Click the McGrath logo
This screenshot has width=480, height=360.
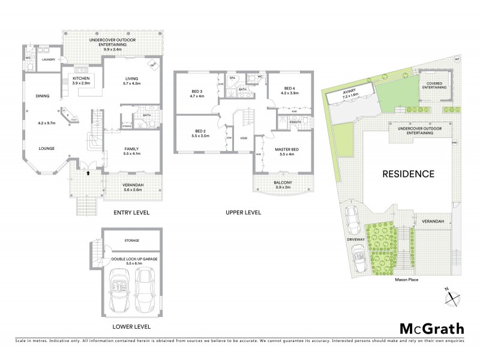pos(431,328)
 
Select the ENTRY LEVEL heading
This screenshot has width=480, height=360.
pos(131,212)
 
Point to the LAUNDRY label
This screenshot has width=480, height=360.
pos(49,59)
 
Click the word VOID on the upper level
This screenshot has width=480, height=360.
pos(244,137)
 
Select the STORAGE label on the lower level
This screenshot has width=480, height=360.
pos(132,240)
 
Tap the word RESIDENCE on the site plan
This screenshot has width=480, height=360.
pos(409,174)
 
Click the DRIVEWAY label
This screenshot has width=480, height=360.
pos(356,239)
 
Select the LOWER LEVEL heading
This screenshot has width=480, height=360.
pos(131,326)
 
